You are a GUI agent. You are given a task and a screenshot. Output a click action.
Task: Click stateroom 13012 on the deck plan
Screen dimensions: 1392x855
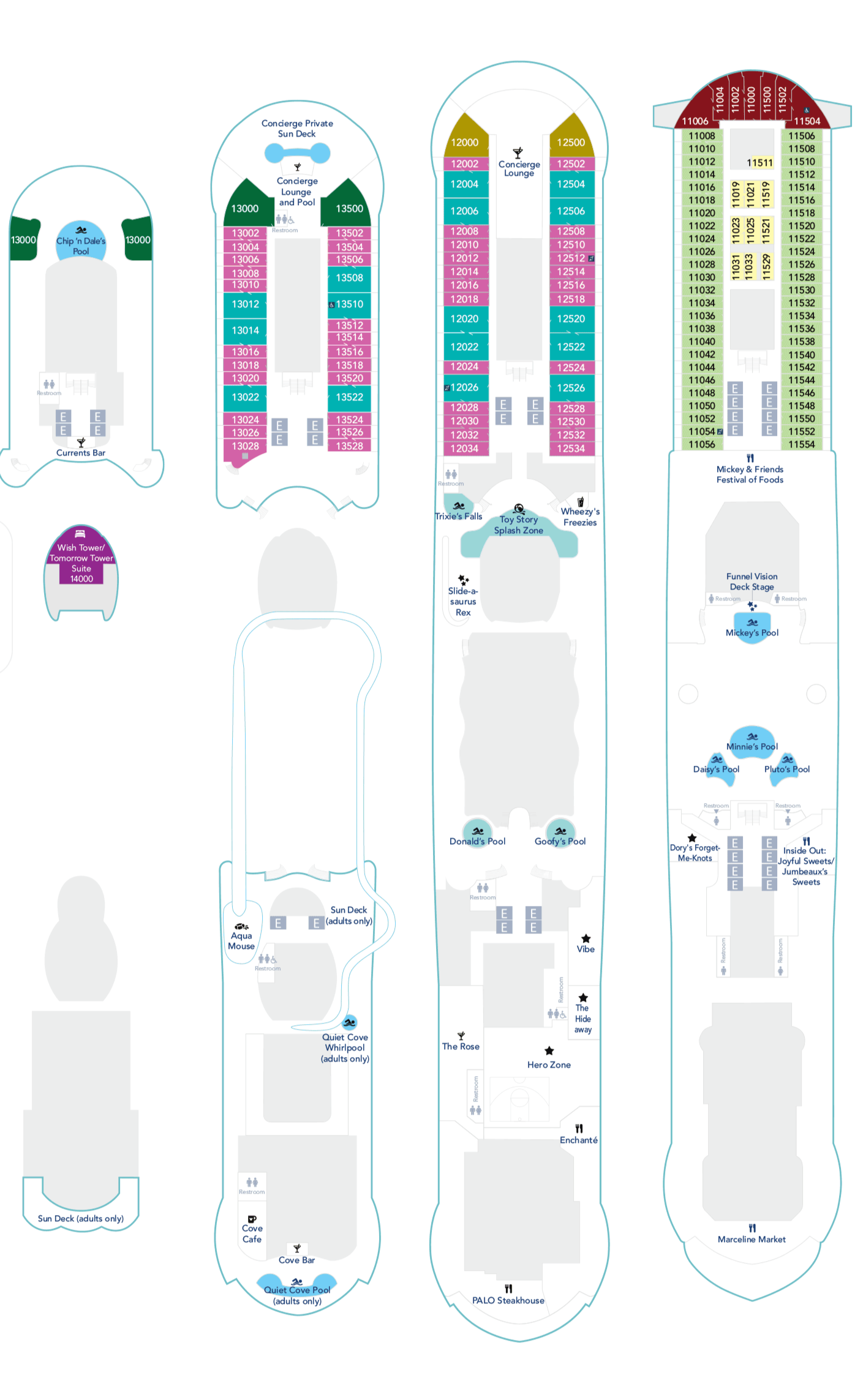click(245, 304)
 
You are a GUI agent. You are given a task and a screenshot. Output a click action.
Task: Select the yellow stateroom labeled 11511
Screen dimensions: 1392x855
click(760, 162)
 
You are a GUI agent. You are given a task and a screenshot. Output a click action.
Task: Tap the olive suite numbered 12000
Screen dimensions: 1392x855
click(465, 142)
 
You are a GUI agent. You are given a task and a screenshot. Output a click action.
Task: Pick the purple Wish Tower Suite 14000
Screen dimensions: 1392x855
click(81, 563)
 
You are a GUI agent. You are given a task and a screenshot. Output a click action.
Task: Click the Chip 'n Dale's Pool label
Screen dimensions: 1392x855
click(81, 245)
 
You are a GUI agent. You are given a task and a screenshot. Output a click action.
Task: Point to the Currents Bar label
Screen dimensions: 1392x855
click(81, 453)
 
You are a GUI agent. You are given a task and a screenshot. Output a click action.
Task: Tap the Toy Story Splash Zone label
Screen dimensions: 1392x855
click(519, 525)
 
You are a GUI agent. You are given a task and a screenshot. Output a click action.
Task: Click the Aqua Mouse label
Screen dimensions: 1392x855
click(241, 940)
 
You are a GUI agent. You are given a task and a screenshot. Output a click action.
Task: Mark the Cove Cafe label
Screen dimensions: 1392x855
click(252, 1233)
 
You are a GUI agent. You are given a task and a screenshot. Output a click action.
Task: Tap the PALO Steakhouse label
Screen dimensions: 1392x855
click(508, 1300)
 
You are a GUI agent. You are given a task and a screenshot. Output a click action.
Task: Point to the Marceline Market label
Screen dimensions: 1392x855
click(751, 1239)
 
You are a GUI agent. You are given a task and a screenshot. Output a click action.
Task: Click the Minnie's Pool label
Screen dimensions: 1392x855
click(752, 746)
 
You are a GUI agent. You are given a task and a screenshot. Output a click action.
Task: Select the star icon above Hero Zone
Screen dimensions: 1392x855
click(549, 1050)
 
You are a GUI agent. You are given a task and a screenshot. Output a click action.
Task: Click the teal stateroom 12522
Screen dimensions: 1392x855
click(571, 347)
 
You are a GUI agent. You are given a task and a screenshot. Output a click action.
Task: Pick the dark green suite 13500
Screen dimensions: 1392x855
click(349, 209)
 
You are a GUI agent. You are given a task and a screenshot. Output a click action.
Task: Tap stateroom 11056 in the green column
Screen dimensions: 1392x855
click(702, 444)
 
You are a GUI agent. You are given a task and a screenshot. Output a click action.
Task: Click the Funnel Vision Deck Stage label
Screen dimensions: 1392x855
click(752, 582)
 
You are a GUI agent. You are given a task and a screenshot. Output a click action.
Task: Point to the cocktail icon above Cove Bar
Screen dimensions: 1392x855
click(297, 1249)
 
